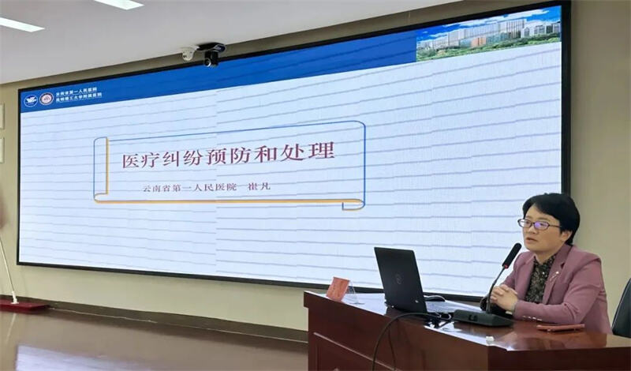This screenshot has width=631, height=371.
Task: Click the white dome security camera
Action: click(189, 54)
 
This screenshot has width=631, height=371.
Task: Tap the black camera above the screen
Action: click(211, 58)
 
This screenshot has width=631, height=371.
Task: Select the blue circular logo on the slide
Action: click(31, 100)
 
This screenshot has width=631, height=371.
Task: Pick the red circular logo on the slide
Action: click(47, 99)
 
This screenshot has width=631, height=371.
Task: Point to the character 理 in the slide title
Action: click(324, 150)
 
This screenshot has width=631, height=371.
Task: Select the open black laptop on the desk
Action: click(402, 280)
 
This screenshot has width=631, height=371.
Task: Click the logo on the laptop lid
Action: click(399, 278)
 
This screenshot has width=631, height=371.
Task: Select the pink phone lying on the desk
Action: click(561, 327)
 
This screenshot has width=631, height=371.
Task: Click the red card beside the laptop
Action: click(338, 288)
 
